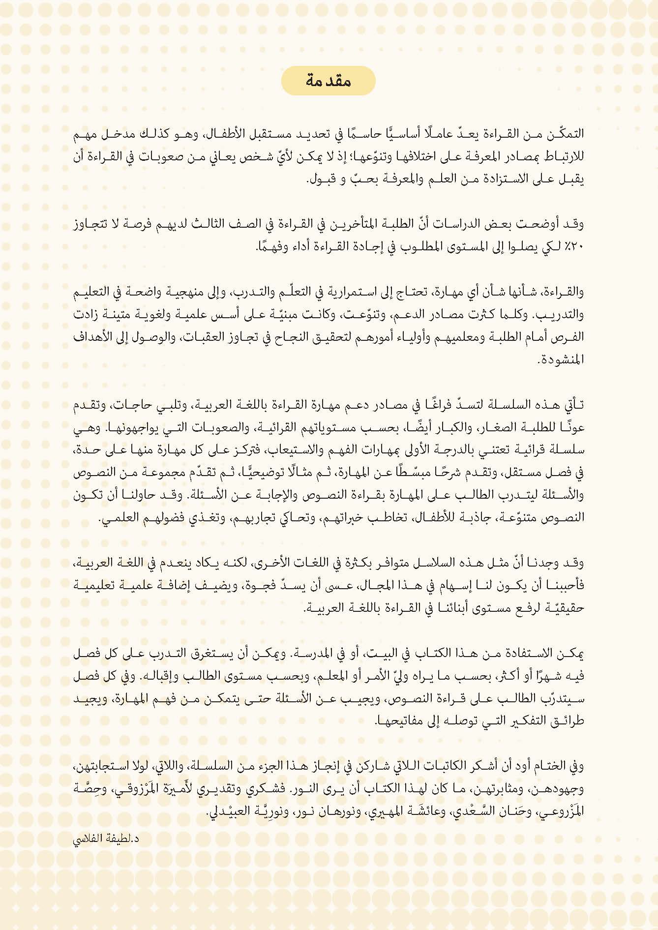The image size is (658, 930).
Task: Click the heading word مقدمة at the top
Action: click(x=329, y=81)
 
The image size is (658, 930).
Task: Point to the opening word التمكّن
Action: click(x=566, y=133)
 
